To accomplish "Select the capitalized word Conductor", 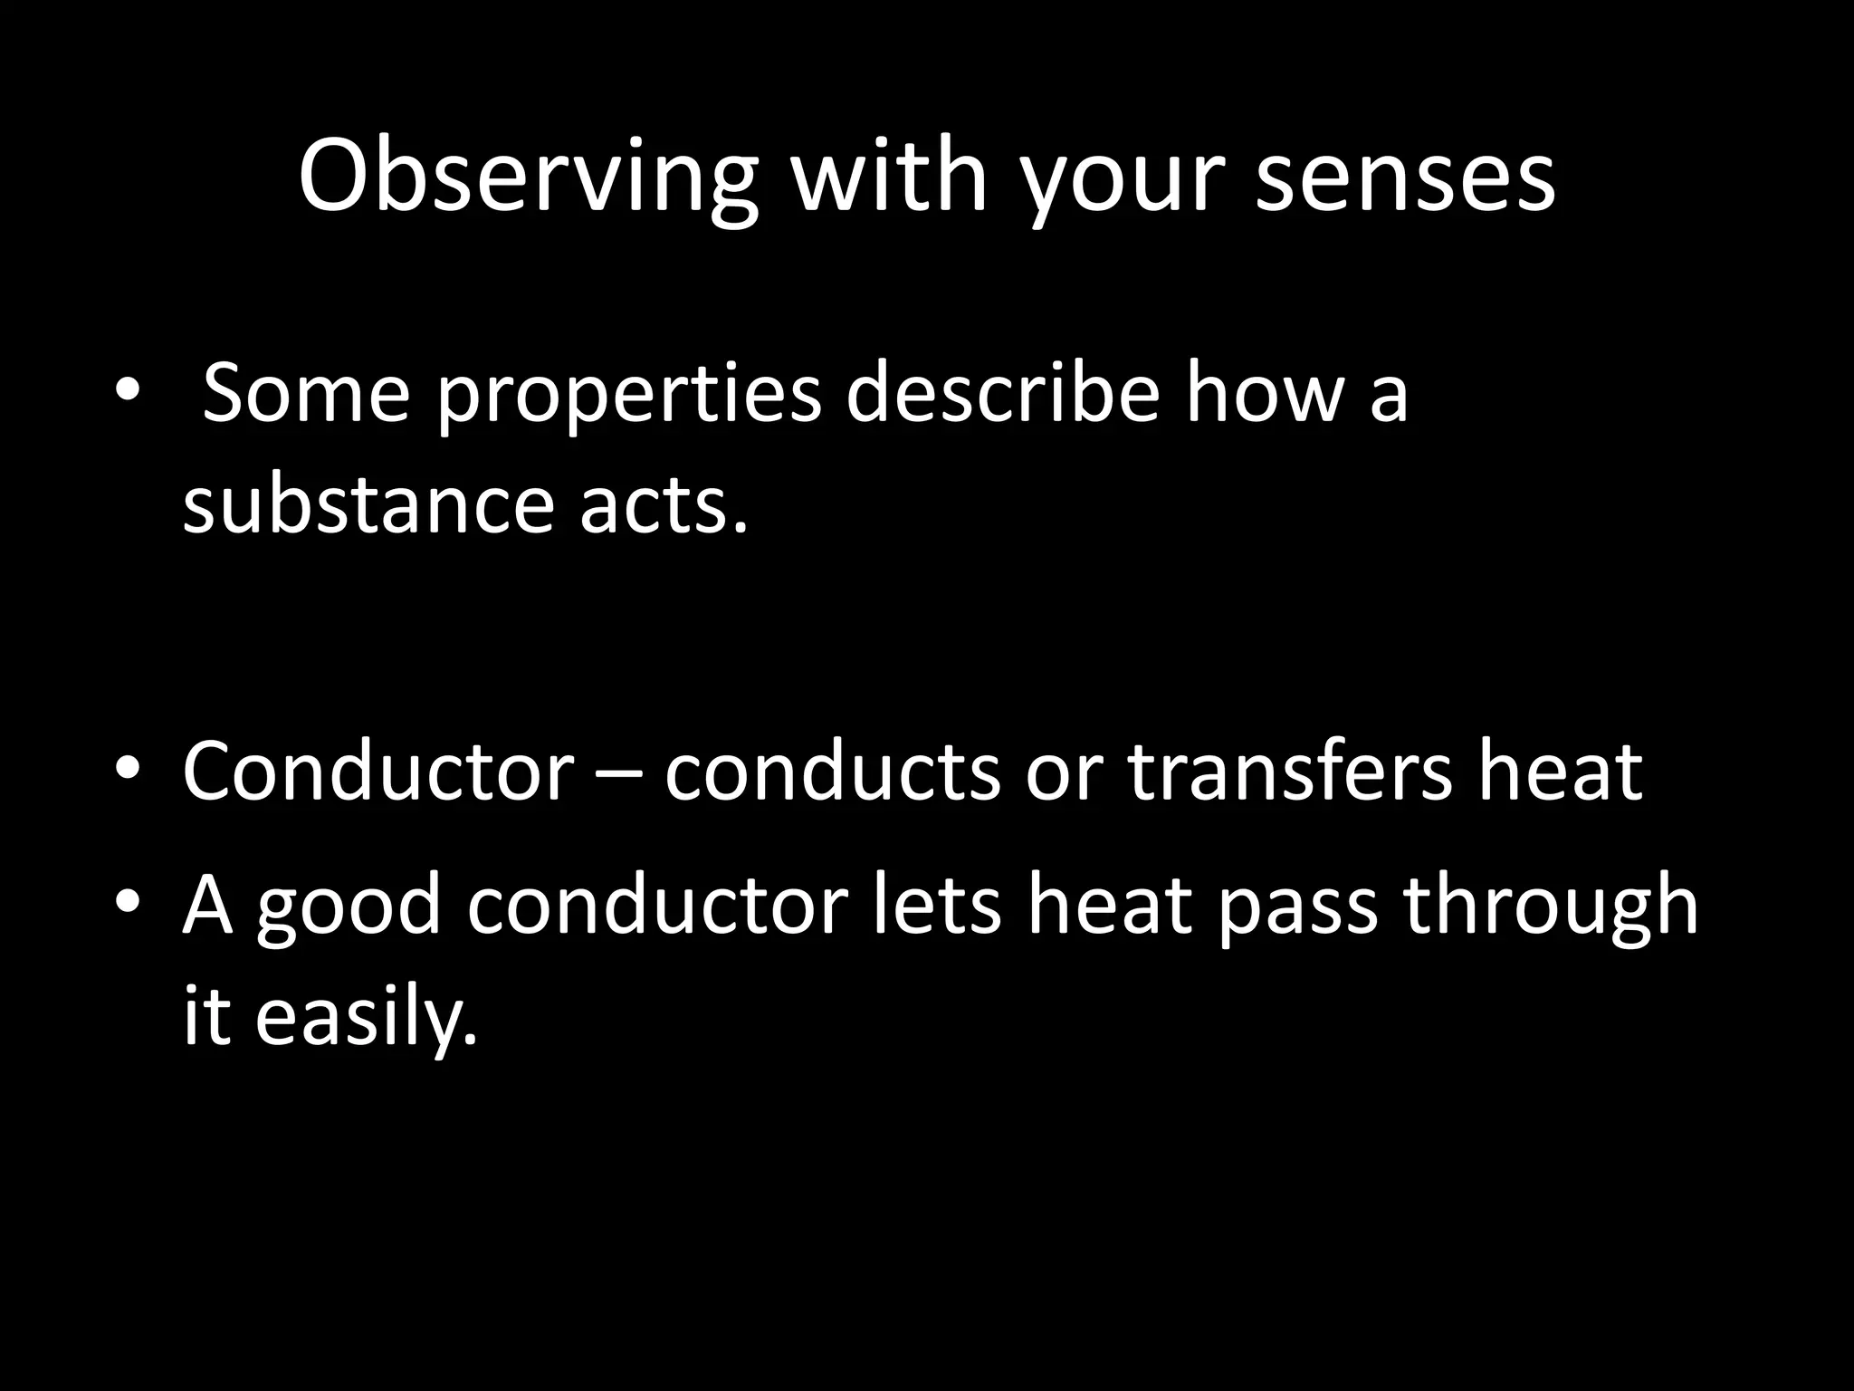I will tap(377, 771).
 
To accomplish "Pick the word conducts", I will tap(833, 771).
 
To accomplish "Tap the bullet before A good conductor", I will tap(127, 903).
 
